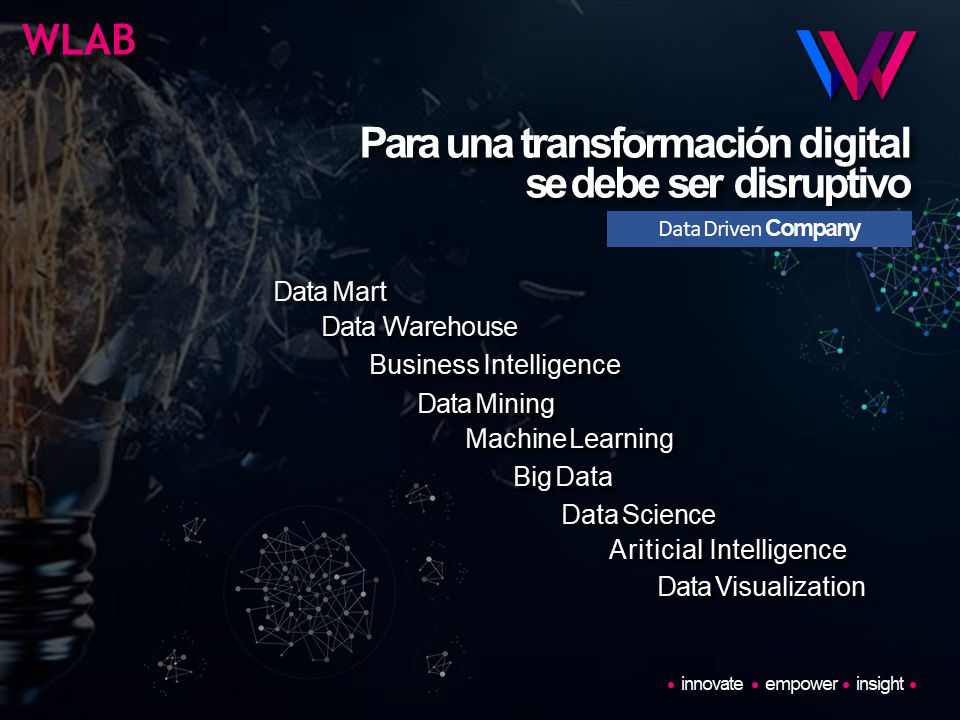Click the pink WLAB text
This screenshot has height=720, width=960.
(79, 40)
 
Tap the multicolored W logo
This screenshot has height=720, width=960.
(857, 64)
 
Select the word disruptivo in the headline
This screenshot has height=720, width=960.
(822, 184)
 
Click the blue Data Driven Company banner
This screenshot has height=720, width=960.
(759, 229)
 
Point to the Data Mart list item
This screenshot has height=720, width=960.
(330, 291)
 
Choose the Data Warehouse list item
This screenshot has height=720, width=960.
(419, 326)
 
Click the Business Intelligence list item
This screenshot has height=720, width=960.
(495, 366)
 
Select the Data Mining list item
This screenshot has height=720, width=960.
(486, 404)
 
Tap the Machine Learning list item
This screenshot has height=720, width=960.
(569, 440)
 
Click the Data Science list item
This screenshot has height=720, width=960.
(639, 514)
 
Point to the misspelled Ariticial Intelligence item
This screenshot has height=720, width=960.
(728, 550)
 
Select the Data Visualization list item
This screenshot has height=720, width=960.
(762, 587)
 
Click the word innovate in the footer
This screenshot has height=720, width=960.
(712, 684)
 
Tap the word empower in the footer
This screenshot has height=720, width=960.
(801, 684)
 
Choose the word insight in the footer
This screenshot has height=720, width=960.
(880, 684)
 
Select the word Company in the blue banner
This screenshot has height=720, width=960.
(813, 229)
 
